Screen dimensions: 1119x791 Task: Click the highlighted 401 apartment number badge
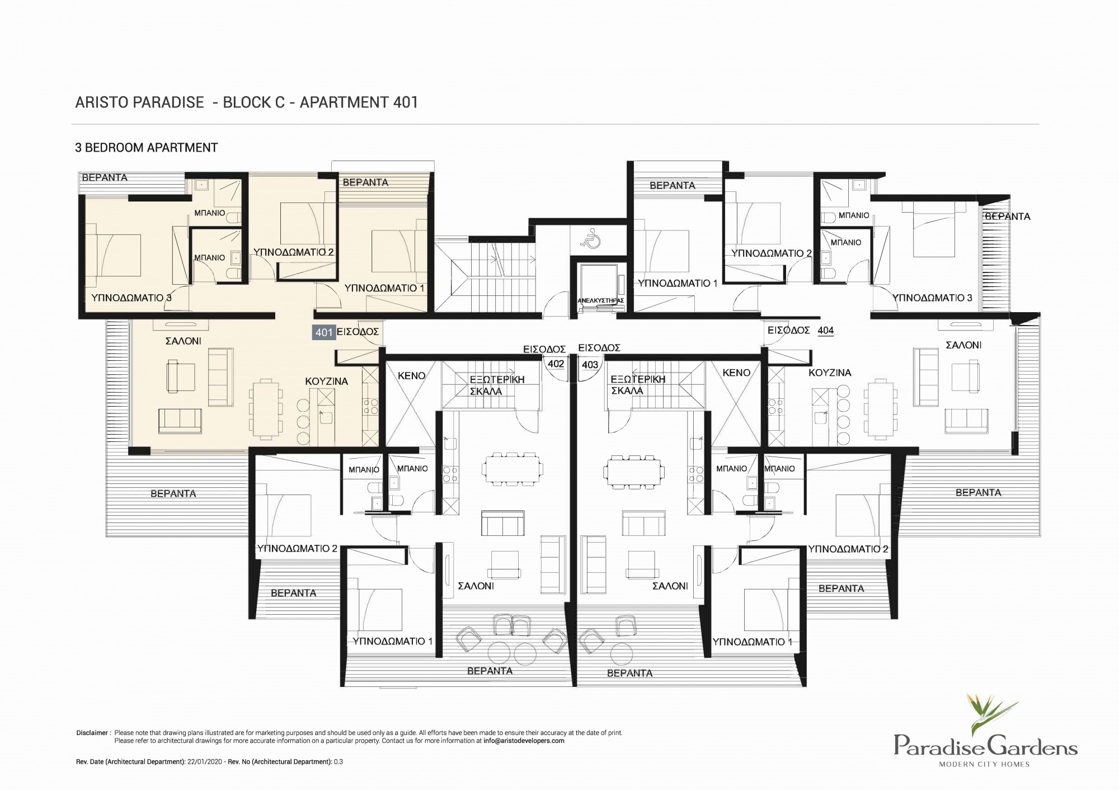point(324,332)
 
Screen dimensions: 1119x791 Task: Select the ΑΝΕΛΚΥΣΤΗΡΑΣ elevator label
point(600,300)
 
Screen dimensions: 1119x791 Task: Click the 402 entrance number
point(556,364)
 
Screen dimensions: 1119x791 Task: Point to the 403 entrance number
point(590,365)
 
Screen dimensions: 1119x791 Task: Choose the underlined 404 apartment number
point(825,331)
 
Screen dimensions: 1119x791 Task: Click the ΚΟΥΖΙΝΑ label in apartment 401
point(326,382)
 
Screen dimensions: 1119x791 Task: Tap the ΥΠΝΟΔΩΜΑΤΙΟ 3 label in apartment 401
point(131,298)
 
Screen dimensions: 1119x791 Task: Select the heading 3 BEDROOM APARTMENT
point(147,148)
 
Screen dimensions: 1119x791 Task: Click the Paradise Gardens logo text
point(985,746)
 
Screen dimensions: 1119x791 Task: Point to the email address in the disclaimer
point(524,741)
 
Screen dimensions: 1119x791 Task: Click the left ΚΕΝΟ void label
point(411,376)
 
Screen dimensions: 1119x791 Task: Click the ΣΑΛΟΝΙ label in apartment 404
point(963,346)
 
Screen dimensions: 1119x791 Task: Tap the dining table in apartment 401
point(266,408)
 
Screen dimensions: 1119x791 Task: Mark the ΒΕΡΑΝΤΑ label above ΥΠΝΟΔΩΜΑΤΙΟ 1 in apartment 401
point(365,182)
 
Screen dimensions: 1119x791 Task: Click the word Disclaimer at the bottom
point(92,733)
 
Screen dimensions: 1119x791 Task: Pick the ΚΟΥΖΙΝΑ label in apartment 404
point(830,373)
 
